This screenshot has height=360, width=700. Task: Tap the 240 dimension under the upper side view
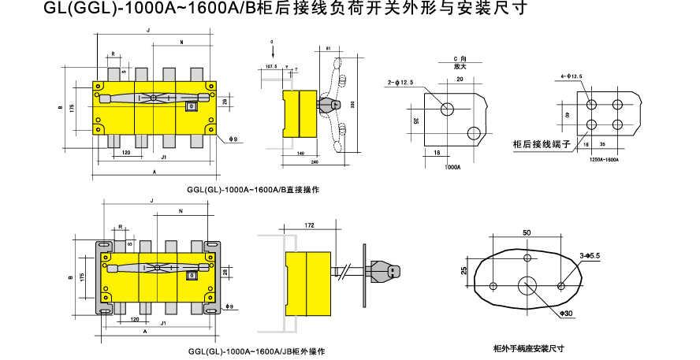[x=315, y=162]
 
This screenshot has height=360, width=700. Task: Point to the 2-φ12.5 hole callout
[x=400, y=82]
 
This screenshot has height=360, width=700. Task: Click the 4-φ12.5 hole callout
[x=571, y=76]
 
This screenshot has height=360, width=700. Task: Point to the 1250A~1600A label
[x=605, y=159]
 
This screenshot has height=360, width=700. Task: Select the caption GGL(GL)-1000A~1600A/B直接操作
[x=253, y=190]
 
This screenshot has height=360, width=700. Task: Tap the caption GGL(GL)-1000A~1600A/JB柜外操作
[x=257, y=351]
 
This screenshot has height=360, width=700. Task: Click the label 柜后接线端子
[x=540, y=144]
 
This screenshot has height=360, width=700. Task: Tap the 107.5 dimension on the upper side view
[x=272, y=68]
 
